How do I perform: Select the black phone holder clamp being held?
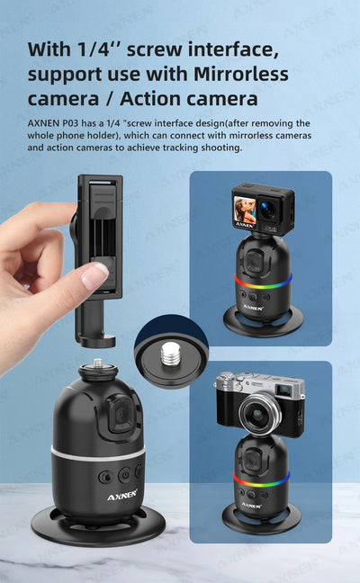[x=94, y=256]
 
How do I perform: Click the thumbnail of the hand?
[x=94, y=275]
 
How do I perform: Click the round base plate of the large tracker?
[x=96, y=531]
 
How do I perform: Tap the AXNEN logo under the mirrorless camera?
[x=251, y=505]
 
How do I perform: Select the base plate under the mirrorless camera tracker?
[x=262, y=521]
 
